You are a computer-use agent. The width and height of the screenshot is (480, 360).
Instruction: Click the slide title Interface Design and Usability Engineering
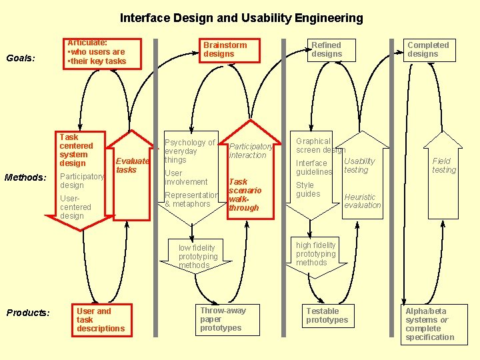[x=241, y=18]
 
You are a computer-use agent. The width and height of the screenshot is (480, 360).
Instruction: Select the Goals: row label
[x=21, y=58]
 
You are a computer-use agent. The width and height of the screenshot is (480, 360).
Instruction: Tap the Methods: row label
[x=25, y=177]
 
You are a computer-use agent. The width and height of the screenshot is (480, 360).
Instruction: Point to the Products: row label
[x=28, y=313]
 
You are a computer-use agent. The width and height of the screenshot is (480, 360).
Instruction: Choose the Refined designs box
[x=327, y=49]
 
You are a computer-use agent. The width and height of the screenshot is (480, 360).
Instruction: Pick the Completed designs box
[x=431, y=49]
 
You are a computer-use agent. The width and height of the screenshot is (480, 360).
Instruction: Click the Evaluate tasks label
[x=132, y=165]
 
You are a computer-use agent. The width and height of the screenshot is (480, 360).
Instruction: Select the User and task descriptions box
[x=100, y=319]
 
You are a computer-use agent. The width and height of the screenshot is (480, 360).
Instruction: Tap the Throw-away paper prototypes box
[x=223, y=319]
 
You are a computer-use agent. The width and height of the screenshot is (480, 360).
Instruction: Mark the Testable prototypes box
[x=327, y=315]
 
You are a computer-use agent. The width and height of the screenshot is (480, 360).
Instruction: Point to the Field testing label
[x=444, y=165]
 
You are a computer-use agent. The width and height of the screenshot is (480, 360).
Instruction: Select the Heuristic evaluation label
[x=362, y=201]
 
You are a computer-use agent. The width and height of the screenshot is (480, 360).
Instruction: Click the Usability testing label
[x=359, y=165]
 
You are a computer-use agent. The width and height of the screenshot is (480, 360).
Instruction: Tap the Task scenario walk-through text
[x=245, y=195]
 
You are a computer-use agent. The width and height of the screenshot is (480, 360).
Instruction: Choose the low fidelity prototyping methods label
[x=198, y=256]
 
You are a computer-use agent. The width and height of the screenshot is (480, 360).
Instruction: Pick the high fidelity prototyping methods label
[x=316, y=253]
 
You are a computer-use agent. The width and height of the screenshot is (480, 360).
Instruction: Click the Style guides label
[x=308, y=189]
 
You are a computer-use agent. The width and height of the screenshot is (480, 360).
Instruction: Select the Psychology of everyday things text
[x=189, y=151]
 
